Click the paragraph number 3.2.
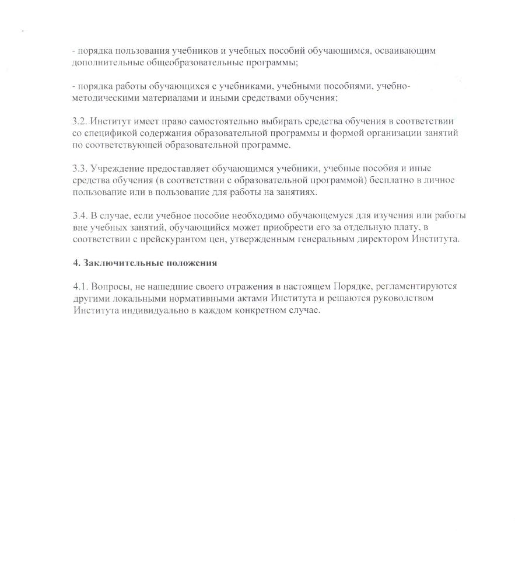pos(79,121)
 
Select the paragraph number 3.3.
pos(79,169)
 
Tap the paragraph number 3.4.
pos(79,216)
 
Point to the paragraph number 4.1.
pos(79,287)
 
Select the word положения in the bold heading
pos(189,263)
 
